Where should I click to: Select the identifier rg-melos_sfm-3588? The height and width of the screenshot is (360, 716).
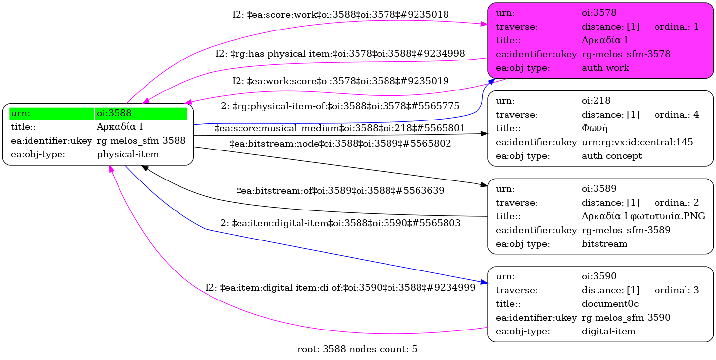141,141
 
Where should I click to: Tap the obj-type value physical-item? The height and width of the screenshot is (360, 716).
128,154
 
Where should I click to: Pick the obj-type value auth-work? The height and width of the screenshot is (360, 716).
605,68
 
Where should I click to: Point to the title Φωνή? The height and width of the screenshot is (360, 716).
595,128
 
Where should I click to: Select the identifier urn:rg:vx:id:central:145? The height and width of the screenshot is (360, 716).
637,142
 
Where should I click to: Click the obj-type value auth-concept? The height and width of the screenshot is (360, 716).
610,156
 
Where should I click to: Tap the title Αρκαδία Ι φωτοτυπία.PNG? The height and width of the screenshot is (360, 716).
643,216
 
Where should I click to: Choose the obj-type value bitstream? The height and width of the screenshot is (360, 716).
604,243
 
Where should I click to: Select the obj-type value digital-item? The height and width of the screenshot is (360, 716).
608,331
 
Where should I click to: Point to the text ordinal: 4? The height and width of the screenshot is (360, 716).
676,115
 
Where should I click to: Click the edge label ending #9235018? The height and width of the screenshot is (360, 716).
340,15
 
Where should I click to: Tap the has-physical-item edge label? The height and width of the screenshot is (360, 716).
340,53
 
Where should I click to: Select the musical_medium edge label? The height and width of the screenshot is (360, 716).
340,128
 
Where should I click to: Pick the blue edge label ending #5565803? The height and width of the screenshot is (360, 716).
340,223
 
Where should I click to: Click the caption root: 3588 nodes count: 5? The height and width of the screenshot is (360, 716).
358,349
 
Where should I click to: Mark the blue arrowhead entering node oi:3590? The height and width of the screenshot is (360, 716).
484,282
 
